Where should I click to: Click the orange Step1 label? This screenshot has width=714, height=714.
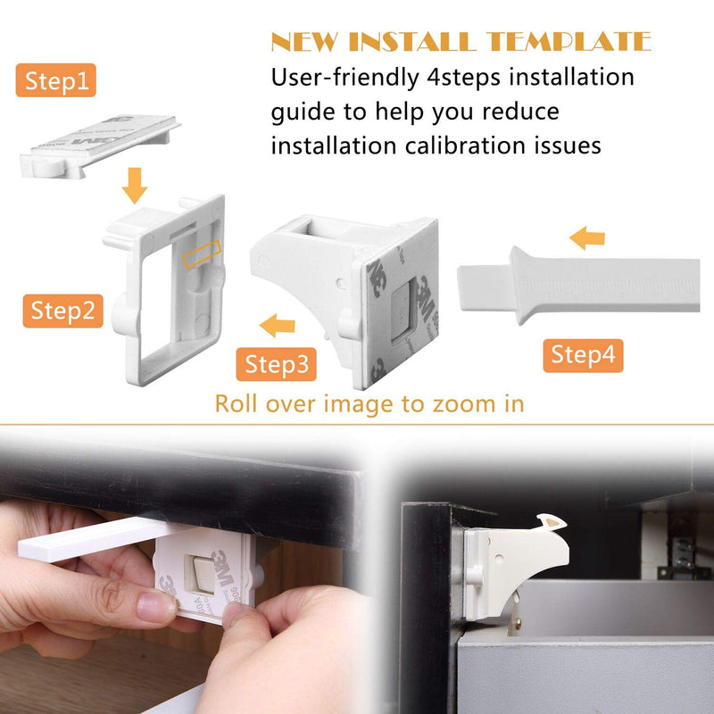(56, 82)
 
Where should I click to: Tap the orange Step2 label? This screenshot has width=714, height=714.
(62, 311)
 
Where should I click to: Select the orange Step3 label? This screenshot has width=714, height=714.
(276, 363)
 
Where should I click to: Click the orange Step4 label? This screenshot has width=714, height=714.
(583, 354)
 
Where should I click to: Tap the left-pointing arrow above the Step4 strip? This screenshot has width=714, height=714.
(587, 237)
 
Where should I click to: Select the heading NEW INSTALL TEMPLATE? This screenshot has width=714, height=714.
(461, 42)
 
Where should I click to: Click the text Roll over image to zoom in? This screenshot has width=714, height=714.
(369, 403)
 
